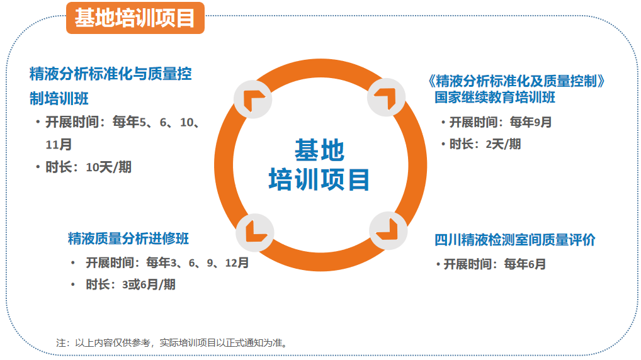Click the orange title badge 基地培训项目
point(135,18)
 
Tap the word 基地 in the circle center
point(320,150)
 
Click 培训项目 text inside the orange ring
point(319,179)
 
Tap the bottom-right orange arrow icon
point(387,229)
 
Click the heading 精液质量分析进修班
point(128,239)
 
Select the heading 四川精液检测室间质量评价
point(514,240)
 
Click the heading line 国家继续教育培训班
point(495,98)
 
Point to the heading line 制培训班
point(59,98)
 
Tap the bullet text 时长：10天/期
point(88,167)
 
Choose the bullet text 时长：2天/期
point(485,144)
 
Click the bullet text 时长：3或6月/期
point(130,284)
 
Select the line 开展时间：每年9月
point(501,121)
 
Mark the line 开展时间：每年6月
point(495,264)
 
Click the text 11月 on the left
point(59,144)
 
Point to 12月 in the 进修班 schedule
point(237,262)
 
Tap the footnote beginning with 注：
point(172,342)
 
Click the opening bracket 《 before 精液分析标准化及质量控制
point(431,81)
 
